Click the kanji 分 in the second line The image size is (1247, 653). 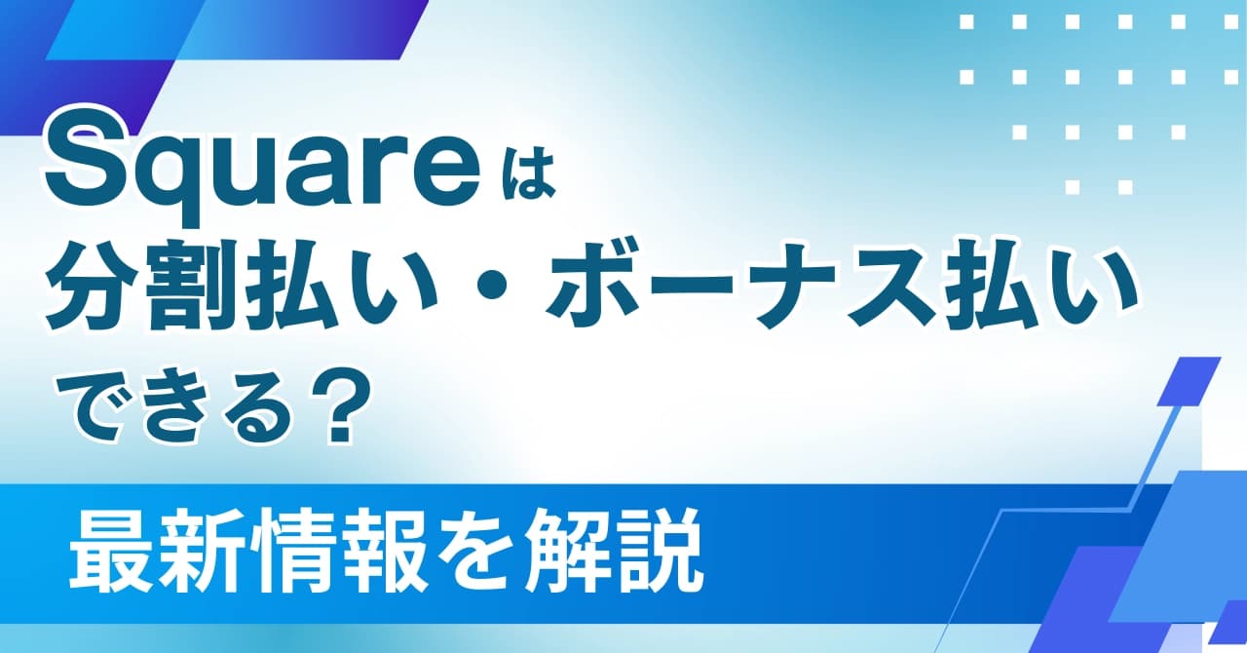click(x=92, y=287)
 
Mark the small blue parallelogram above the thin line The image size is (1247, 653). click(x=1188, y=380)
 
